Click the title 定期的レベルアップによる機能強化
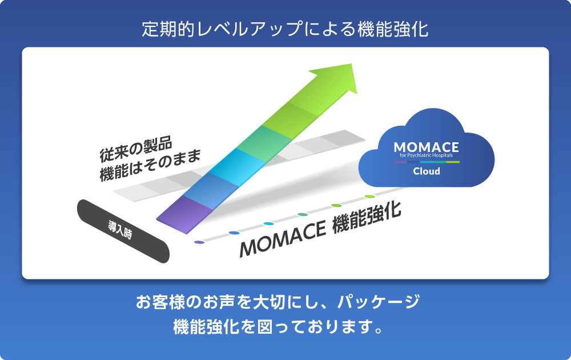[x=285, y=29]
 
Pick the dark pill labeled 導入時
[x=123, y=231]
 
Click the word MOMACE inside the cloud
[x=426, y=147]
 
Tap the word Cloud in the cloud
[x=427, y=171]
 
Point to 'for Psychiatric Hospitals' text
[x=426, y=155]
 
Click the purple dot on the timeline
[x=199, y=242]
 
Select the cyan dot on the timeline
[x=268, y=224]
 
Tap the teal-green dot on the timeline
[x=302, y=215]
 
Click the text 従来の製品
[x=136, y=149]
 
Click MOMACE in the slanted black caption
[x=283, y=238]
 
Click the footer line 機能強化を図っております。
[x=279, y=327]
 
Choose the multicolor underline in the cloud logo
[x=427, y=162]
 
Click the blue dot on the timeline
[x=234, y=233]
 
